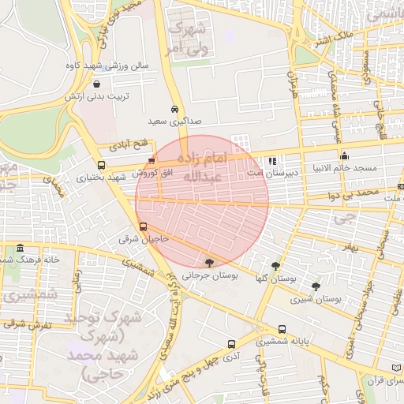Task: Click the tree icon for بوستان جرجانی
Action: click(x=209, y=263)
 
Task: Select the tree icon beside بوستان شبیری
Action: click(x=316, y=286)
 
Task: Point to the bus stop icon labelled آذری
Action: click(x=231, y=344)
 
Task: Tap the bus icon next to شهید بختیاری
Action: click(x=101, y=165)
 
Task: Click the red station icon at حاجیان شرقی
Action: click(x=142, y=226)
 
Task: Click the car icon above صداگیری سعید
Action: click(x=174, y=110)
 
